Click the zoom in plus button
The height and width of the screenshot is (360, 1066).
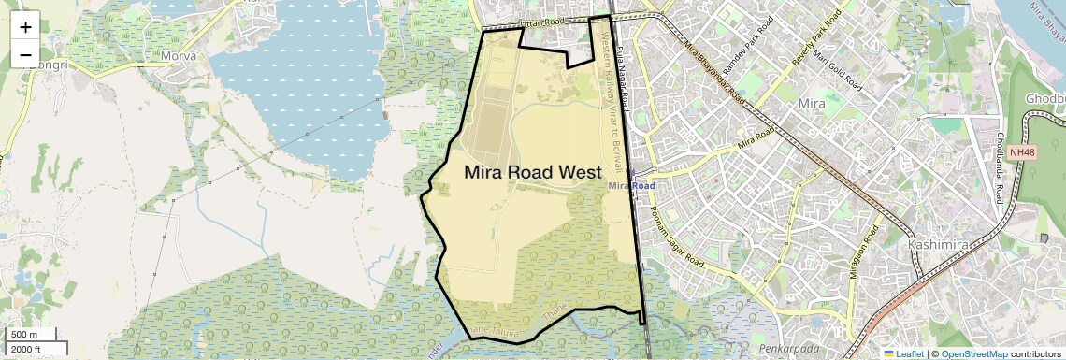[25, 27]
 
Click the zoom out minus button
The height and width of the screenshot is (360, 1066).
[25, 54]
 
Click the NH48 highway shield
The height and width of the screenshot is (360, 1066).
[1023, 152]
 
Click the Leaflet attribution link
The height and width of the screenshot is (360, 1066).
[902, 353]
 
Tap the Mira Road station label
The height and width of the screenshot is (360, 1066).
[631, 185]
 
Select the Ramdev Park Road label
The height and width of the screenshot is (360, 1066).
[745, 50]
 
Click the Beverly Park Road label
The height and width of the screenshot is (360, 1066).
[811, 43]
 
